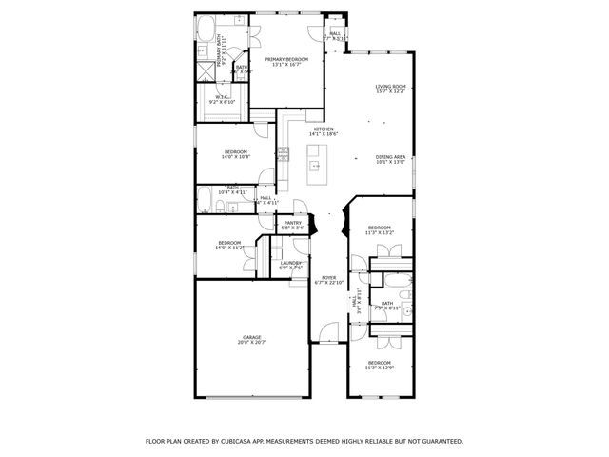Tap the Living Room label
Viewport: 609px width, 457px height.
390,89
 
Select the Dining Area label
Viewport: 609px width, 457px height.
390,159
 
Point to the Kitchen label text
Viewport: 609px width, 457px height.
323,131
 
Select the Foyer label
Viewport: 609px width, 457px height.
327,280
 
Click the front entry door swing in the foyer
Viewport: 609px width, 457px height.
327,333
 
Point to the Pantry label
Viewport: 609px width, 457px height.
292,225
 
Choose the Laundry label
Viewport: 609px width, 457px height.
290,265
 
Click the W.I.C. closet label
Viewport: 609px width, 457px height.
221,98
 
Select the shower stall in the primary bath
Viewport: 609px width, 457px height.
206,70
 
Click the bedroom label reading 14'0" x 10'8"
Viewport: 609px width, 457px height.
235,154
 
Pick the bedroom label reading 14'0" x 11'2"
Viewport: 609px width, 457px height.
229,245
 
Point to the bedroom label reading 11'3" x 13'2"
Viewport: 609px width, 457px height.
379,229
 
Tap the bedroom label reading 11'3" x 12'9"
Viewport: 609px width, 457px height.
379,365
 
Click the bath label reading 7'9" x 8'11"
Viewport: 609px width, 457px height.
386,305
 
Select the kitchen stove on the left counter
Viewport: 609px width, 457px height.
283,152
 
